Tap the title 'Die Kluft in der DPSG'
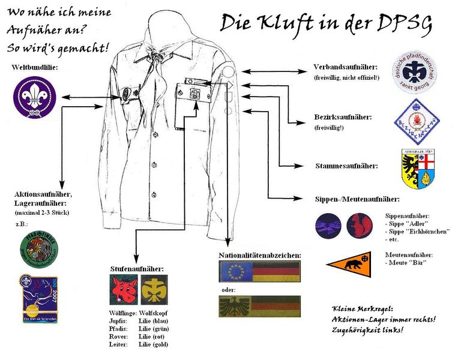[327, 23]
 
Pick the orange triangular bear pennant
[352, 262]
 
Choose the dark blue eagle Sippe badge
[330, 226]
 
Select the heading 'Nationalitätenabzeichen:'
[260, 256]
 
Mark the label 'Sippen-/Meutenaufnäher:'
[357, 199]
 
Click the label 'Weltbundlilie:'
[35, 68]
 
